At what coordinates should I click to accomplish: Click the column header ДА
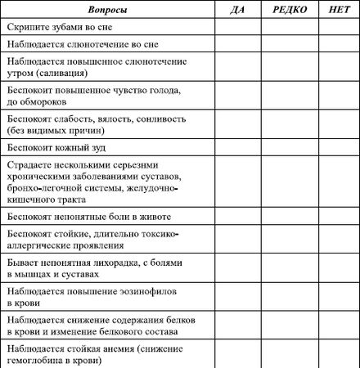point(237,9)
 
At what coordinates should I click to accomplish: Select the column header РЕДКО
point(290,9)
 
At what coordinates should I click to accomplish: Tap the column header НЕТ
point(337,9)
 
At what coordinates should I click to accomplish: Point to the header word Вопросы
point(108,9)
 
